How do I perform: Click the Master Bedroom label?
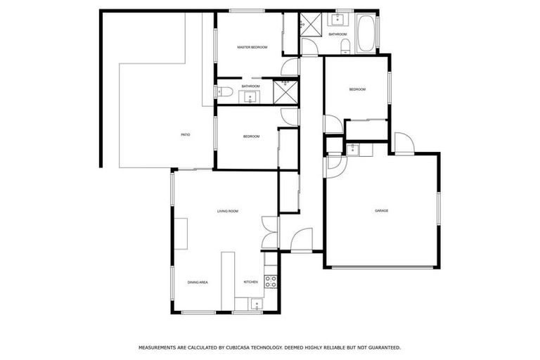coord(252,47)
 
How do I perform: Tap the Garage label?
coord(381,210)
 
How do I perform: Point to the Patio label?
coord(186,134)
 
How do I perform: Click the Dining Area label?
coord(198,282)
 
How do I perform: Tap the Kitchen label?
coord(251,282)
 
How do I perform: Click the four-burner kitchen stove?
coord(271,281)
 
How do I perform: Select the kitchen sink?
coord(257,304)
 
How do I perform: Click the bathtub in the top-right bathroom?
coord(366,34)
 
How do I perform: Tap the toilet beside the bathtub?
coord(345,46)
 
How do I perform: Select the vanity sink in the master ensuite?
coord(251,96)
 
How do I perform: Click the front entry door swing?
coord(301,240)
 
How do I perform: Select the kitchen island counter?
coord(228,280)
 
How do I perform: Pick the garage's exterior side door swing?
coord(403,143)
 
